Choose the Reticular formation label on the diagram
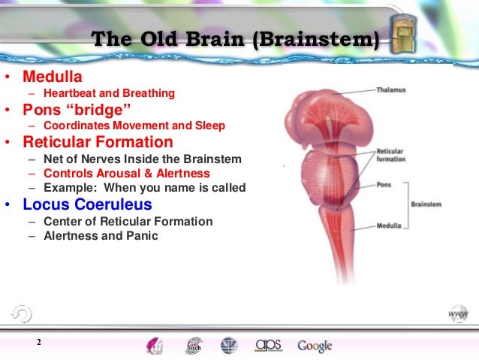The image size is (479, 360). pyautogui.click(x=390, y=156)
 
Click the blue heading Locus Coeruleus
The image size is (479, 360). pyautogui.click(x=87, y=204)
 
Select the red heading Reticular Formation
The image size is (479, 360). pyautogui.click(x=98, y=141)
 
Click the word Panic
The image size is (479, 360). pyautogui.click(x=143, y=236)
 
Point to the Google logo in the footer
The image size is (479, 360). pyautogui.click(x=315, y=346)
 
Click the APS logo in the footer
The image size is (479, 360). pyautogui.click(x=267, y=345)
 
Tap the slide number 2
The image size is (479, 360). pyautogui.click(x=38, y=344)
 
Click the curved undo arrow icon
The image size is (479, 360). pyautogui.click(x=22, y=313)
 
